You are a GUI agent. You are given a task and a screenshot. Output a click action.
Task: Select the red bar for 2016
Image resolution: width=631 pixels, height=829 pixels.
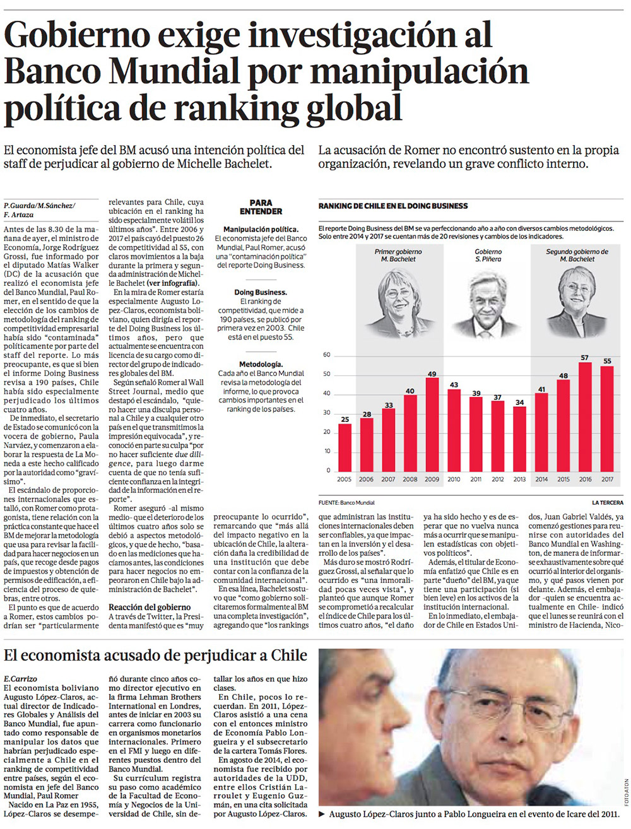pos(585,416)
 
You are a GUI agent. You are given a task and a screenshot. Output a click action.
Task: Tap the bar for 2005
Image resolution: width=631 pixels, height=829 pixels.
pos(345,447)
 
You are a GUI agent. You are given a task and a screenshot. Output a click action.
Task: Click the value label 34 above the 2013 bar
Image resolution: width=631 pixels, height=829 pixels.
pos(519,403)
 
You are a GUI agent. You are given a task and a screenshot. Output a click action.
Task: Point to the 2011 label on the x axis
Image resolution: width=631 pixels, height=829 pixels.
pos(476,479)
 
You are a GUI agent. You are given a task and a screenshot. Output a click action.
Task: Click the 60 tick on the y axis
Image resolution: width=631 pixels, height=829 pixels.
pos(326,355)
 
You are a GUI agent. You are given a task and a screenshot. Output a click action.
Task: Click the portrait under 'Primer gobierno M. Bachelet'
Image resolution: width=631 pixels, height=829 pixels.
pos(399,301)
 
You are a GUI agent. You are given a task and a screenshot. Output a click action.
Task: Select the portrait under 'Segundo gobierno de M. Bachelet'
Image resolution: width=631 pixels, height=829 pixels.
pos(576,301)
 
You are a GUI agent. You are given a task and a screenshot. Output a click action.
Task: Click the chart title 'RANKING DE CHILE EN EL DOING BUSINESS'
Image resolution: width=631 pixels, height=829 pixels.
pos(393,206)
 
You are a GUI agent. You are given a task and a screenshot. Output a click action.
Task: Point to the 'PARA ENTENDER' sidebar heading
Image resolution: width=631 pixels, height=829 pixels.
pos(261,207)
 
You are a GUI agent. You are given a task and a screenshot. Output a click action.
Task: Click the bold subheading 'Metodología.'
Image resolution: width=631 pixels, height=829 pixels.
pos(261,365)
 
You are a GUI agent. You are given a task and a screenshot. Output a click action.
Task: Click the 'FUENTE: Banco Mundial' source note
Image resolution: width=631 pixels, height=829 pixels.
pos(346,503)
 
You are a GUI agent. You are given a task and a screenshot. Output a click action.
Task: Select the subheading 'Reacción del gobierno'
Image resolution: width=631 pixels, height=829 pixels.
pos(141,607)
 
